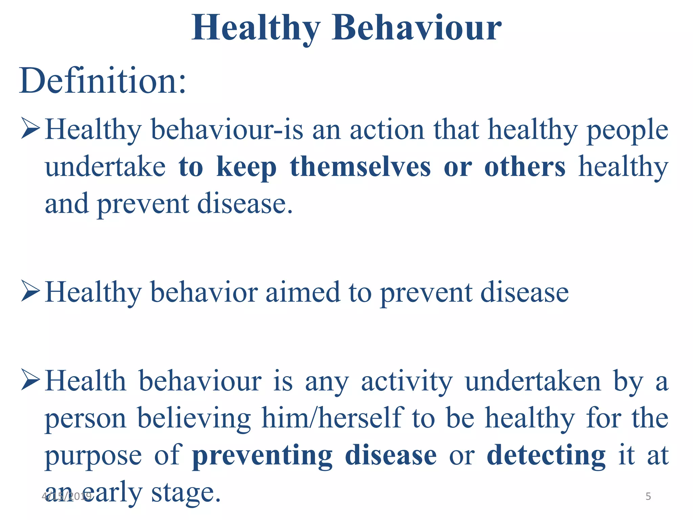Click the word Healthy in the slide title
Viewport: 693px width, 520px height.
[256, 29]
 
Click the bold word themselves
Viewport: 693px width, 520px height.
[360, 167]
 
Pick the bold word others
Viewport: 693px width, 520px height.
[525, 167]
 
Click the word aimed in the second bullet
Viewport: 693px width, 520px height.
[303, 292]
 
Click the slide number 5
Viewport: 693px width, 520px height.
[648, 496]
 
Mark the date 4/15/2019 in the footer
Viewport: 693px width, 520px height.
[66, 496]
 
